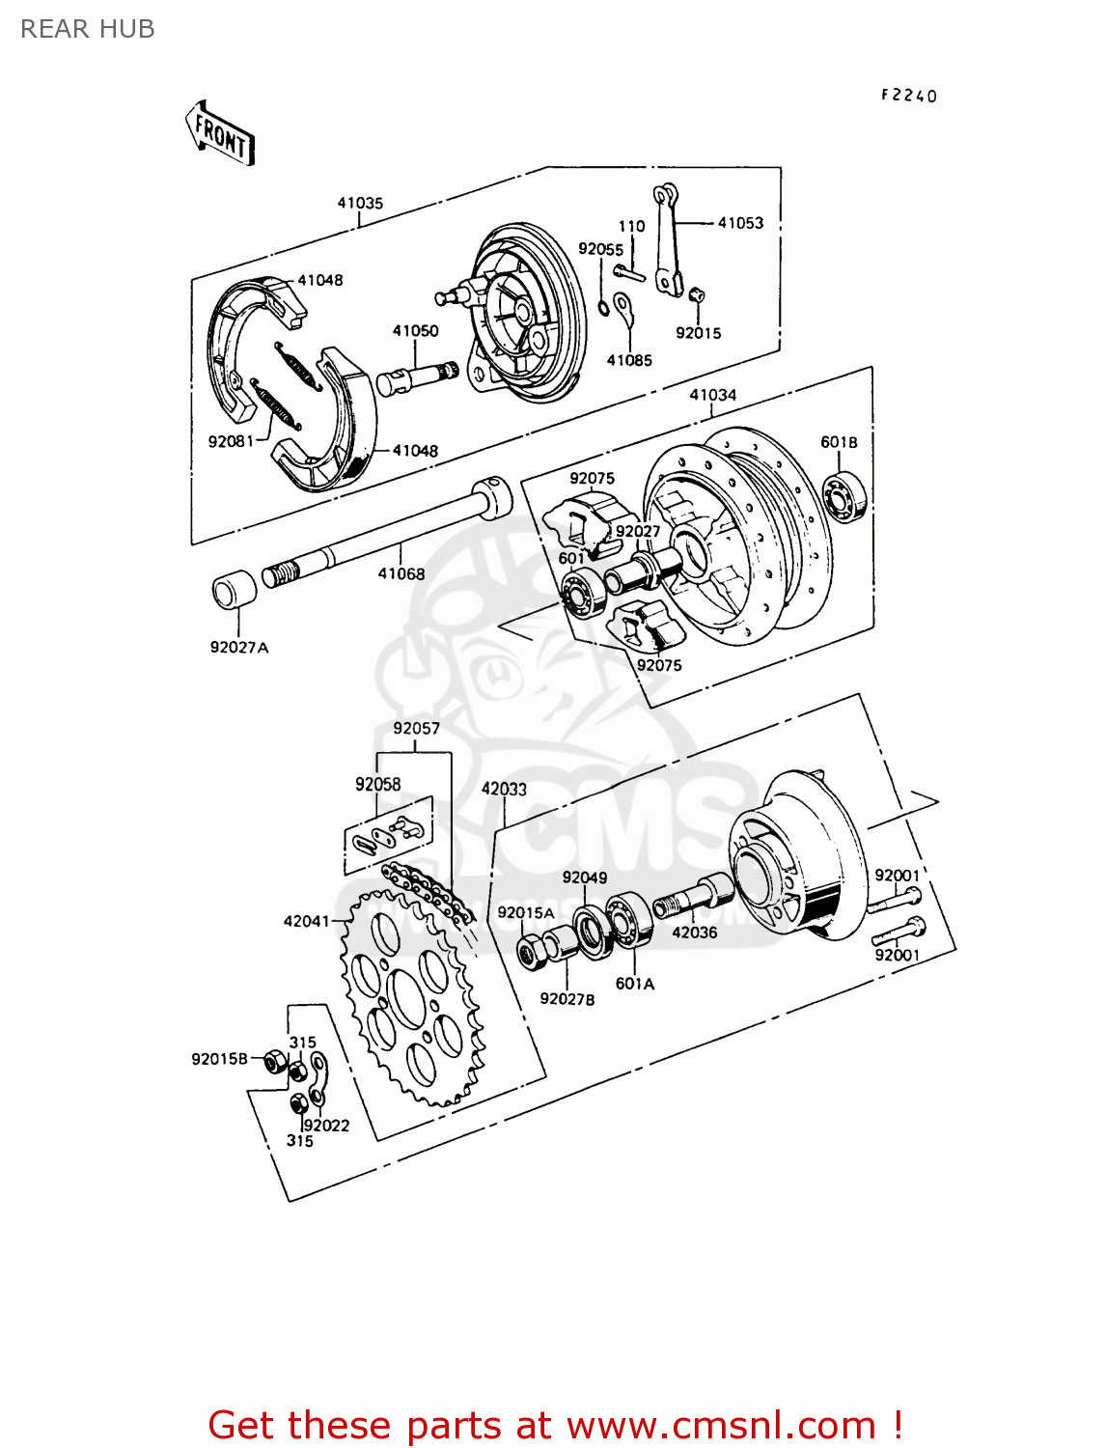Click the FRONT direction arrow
[220, 133]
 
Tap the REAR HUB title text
[88, 30]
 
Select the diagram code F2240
[908, 96]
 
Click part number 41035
[360, 203]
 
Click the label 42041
[306, 921]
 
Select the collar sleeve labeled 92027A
[234, 591]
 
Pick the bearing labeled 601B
[846, 497]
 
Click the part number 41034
[712, 395]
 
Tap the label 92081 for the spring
[231, 441]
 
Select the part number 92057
[416, 728]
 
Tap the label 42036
[694, 933]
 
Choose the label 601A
[634, 984]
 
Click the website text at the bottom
[555, 1425]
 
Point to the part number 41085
[629, 360]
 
